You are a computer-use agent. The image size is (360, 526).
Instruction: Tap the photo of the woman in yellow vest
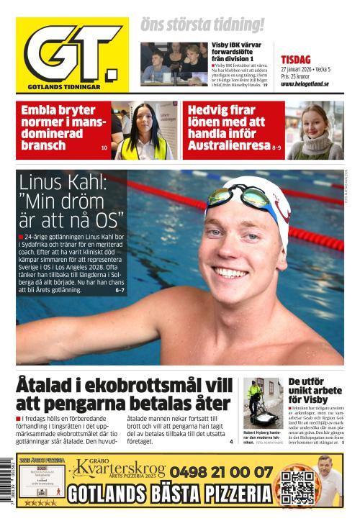144,131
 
